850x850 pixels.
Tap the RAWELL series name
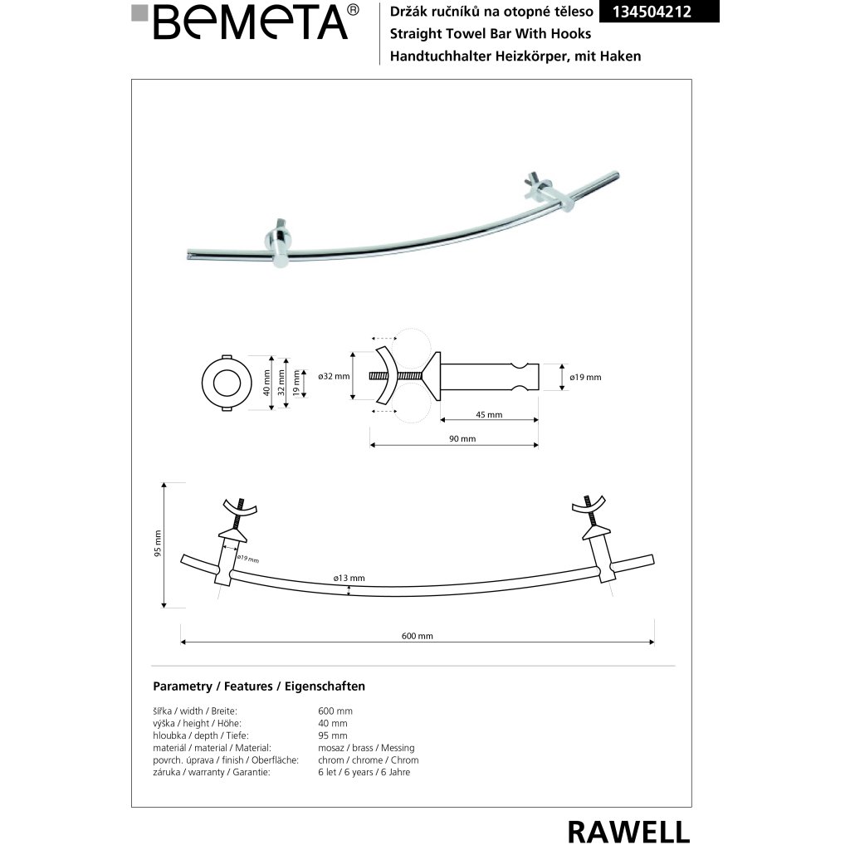pos(628,830)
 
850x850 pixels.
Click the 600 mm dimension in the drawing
pos(418,637)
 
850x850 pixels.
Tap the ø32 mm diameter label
pos(335,377)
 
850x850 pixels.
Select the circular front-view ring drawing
pos(227,382)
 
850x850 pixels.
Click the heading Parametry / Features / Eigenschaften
pos(259,686)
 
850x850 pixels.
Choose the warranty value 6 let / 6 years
pos(364,772)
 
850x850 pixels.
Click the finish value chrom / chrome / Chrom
pos(368,760)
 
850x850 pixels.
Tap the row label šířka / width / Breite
pos(195,711)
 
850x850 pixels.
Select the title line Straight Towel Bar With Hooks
pos(485,34)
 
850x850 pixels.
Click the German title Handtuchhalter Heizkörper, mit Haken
pos(509,56)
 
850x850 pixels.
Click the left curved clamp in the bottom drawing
pos(237,509)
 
